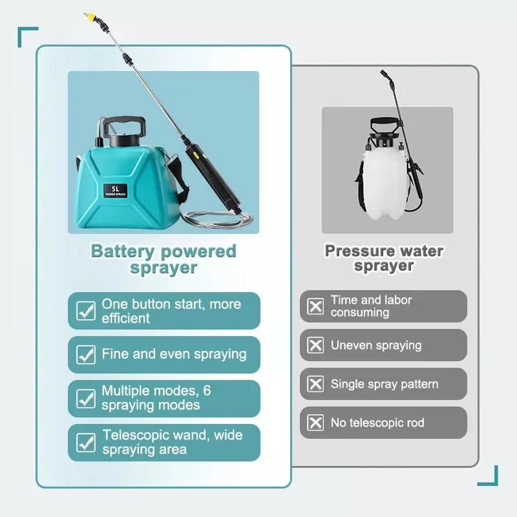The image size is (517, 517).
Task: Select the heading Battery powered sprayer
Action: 164,259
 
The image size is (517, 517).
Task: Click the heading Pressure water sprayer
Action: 384,258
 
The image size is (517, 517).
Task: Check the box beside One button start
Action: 86,311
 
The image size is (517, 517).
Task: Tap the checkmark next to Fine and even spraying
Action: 86,354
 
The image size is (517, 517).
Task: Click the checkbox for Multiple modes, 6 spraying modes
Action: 86,398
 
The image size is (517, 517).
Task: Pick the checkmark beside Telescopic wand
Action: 86,442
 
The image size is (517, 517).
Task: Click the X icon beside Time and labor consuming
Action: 315,306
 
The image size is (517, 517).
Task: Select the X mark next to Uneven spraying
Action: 315,345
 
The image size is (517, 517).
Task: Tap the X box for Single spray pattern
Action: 315,385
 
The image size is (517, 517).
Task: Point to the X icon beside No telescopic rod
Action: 315,423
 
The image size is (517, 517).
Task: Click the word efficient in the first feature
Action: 125,319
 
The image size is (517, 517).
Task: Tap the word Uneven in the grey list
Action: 352,346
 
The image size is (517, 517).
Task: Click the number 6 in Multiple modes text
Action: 207,391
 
